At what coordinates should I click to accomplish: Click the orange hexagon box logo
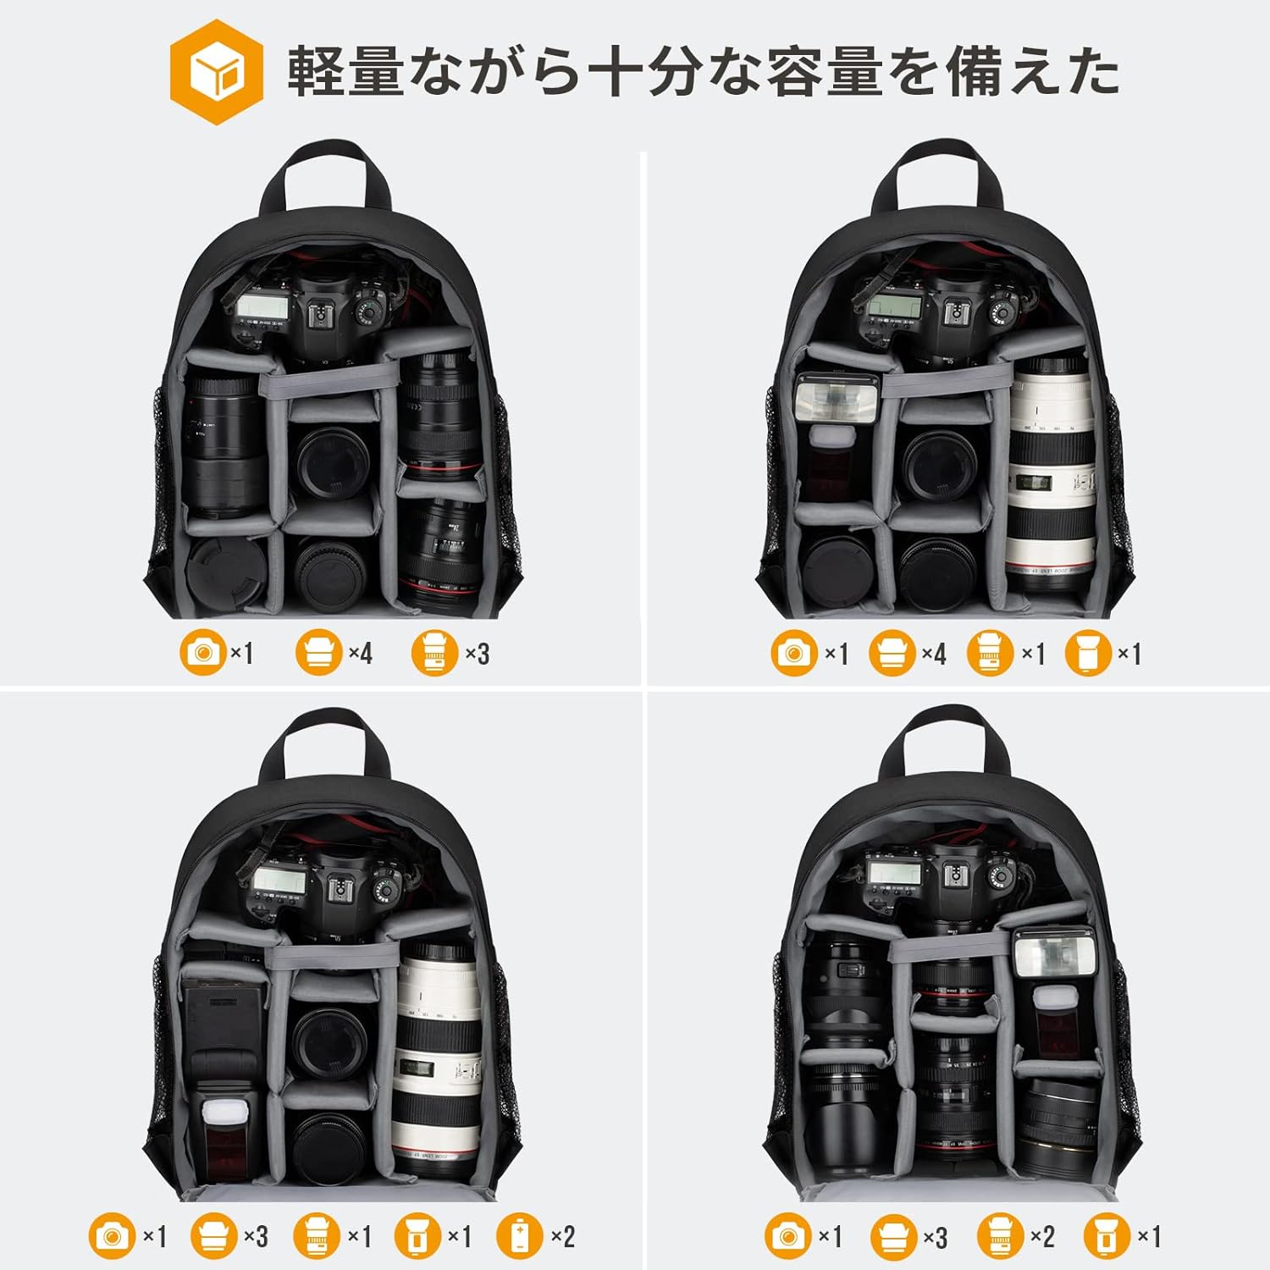216,73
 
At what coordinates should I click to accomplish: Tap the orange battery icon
518,1237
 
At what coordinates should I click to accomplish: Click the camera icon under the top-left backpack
203,653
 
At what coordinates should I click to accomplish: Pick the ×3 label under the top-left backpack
477,654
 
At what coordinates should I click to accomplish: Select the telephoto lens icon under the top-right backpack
991,653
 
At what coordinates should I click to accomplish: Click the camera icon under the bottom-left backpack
113,1237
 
